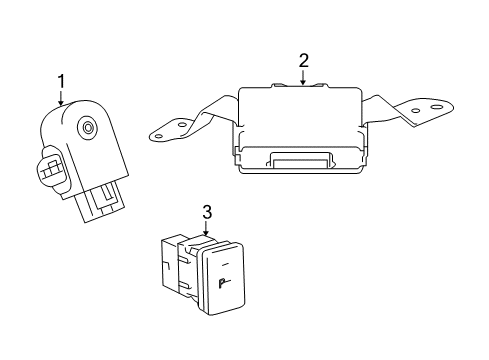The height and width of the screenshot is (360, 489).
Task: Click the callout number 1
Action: pyautogui.click(x=61, y=80)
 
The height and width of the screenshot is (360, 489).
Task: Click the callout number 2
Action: pyautogui.click(x=303, y=61)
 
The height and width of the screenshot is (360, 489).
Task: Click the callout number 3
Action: pyautogui.click(x=207, y=213)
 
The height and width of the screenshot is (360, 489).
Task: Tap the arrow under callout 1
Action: pyautogui.click(x=61, y=98)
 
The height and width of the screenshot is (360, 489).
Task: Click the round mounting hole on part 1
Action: pyautogui.click(x=89, y=127)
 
